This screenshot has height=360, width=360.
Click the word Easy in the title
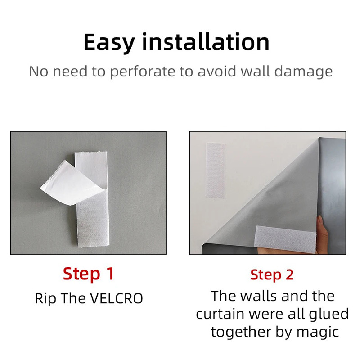coord(109,43)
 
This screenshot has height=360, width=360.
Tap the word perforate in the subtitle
coord(143,72)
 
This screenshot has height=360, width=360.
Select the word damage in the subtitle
coord(303,72)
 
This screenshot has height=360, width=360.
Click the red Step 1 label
coord(88,274)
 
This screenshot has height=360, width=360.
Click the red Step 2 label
coord(272,275)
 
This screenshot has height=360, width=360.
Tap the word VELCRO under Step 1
coord(116,298)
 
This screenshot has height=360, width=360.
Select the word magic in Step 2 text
coord(318,333)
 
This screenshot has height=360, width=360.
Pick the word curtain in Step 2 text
coord(220,314)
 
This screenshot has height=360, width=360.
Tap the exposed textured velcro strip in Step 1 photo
coord(94,220)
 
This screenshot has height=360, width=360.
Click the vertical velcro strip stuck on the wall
coord(216,170)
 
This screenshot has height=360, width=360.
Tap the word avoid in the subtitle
coord(217,71)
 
